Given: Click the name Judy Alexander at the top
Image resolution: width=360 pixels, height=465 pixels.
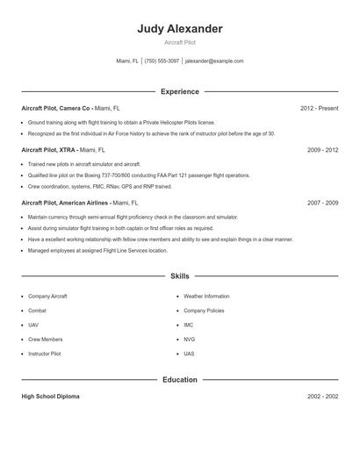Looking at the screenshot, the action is coord(179,29).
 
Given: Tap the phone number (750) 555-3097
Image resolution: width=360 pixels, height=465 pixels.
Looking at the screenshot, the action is coord(162,61).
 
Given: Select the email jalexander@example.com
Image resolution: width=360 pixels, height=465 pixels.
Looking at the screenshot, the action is coord(214,61).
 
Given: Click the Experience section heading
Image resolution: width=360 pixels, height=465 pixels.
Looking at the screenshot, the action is coord(179,91).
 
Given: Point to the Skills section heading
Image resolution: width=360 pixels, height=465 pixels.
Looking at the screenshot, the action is coord(179,276).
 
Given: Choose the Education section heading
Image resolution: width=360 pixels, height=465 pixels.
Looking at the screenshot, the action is coord(179,380).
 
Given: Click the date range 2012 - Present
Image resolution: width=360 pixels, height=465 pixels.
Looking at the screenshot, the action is coord(319,108).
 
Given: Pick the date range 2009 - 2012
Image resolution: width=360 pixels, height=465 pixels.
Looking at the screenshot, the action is coord(322,150).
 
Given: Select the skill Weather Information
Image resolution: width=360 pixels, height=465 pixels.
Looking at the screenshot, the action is coord(205,297).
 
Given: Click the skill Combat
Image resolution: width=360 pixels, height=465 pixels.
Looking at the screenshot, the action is coord(38,311).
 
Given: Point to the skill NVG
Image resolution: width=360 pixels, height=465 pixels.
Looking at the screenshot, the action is coord(189,339).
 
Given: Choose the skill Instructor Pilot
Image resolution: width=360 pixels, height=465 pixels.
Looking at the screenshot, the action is coord(45,354).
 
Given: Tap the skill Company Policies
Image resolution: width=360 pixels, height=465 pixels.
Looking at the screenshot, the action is coord(204,311).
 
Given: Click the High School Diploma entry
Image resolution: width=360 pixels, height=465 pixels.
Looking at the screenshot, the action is coord(50,397).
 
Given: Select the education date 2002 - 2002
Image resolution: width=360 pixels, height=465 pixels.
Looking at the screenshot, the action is coord(322,397).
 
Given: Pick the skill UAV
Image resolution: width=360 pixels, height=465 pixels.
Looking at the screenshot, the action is coord(33,325).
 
